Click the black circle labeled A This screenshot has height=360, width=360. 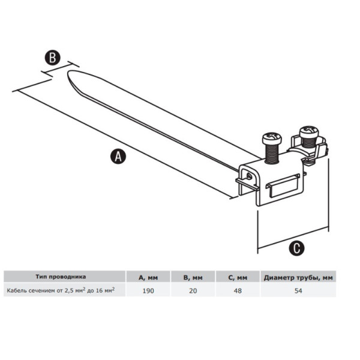pyautogui.click(x=118, y=157)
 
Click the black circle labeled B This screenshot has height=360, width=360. pyautogui.click(x=53, y=58)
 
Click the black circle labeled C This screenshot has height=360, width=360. pyautogui.click(x=296, y=248)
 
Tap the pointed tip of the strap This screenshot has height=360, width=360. pyautogui.click(x=68, y=73)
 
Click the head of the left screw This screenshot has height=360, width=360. pyautogui.click(x=272, y=138)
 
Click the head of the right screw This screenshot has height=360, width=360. pyautogui.click(x=309, y=131)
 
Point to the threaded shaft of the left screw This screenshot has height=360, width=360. pyautogui.click(x=272, y=154)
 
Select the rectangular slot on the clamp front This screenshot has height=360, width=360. pyautogui.click(x=283, y=186)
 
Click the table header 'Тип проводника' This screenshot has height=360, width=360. pyautogui.click(x=61, y=277)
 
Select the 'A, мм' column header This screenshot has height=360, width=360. pyautogui.click(x=148, y=278)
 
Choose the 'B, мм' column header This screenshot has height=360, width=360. pyautogui.click(x=193, y=278)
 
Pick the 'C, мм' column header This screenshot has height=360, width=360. pyautogui.click(x=238, y=278)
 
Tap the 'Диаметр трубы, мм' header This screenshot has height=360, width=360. pyautogui.click(x=298, y=278)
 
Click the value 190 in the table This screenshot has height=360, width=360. pyautogui.click(x=148, y=290)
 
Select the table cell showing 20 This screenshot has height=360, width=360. pyautogui.click(x=193, y=290)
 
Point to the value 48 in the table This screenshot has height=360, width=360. pyautogui.click(x=238, y=290)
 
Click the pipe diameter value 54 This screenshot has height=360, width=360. pyautogui.click(x=298, y=290)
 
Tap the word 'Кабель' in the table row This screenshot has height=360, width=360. pyautogui.click(x=17, y=290)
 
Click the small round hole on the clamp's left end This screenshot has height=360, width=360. pyautogui.click(x=248, y=176)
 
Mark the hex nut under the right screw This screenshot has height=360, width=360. pyautogui.click(x=310, y=161)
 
